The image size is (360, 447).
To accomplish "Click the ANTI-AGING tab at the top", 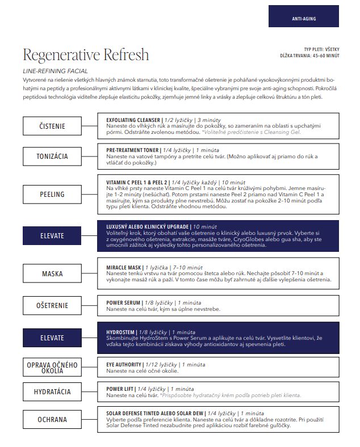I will (304, 19).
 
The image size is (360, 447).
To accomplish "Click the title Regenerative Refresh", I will (86, 55).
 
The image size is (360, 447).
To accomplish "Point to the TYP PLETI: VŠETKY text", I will (321, 49).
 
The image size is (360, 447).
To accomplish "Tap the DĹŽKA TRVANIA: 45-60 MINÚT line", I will (309, 56).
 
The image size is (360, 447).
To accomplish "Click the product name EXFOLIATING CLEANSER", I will (133, 120).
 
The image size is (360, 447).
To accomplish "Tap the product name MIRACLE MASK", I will (123, 267).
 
